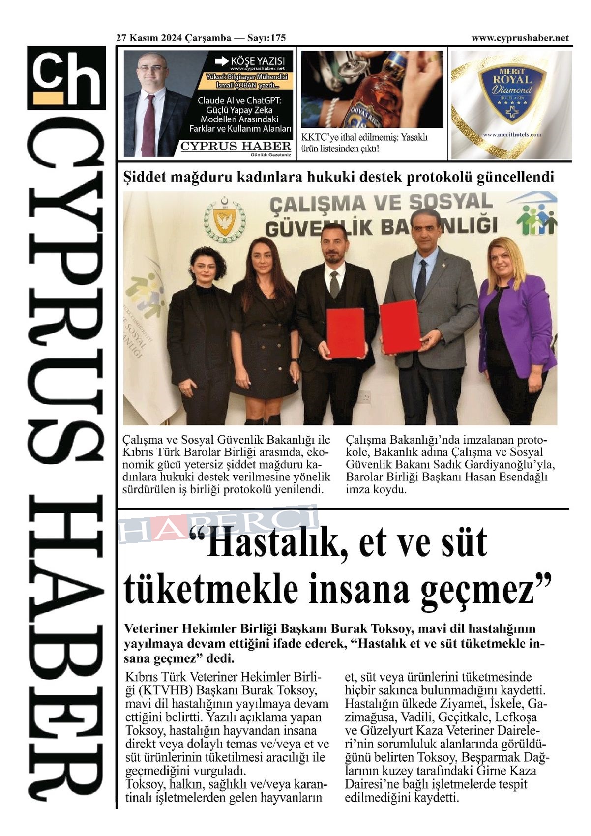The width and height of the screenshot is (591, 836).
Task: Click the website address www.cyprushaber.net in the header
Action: [x=520, y=38]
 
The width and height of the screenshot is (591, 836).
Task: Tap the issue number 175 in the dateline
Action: [x=278, y=38]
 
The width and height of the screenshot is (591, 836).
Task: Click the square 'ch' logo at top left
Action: [x=66, y=77]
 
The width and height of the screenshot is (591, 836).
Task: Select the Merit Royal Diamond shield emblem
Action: [x=512, y=93]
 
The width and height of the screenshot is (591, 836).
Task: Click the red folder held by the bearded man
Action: [x=346, y=333]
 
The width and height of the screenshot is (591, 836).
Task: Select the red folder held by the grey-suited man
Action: [x=400, y=327]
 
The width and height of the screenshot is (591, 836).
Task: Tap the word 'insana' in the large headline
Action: [x=358, y=589]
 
